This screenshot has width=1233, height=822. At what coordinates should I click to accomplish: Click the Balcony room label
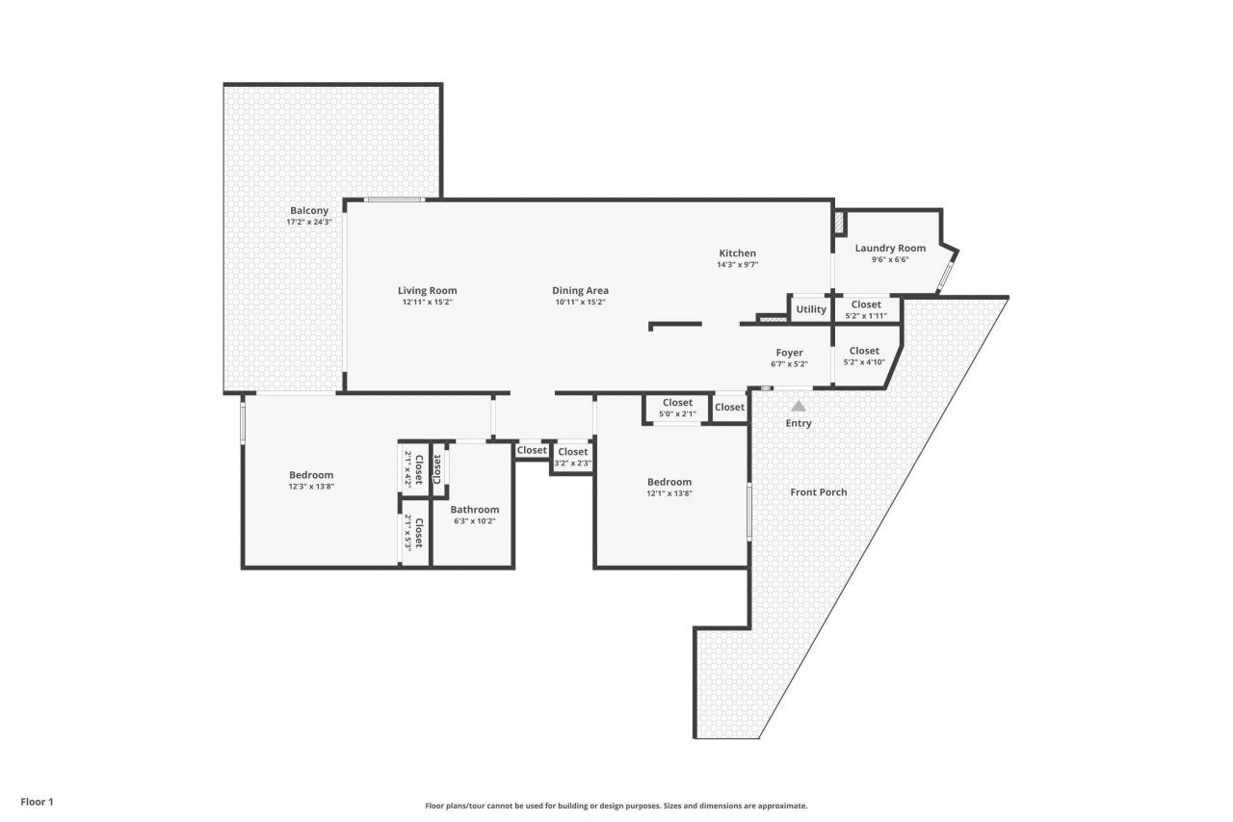click(x=309, y=210)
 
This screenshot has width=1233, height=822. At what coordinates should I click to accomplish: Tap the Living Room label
click(x=427, y=290)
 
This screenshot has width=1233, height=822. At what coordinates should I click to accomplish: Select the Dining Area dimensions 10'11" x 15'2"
click(x=580, y=303)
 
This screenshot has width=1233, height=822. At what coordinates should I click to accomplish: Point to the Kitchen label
click(x=737, y=253)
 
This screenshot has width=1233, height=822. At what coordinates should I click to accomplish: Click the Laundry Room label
click(x=889, y=248)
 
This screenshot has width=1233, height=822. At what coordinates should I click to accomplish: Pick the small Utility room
click(x=810, y=309)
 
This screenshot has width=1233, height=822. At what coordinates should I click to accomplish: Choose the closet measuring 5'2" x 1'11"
click(x=865, y=310)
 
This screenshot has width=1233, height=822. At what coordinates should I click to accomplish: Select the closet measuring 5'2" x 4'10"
click(x=863, y=357)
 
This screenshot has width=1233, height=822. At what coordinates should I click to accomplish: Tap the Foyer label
click(x=789, y=353)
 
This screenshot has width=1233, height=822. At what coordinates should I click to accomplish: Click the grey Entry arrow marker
click(x=798, y=406)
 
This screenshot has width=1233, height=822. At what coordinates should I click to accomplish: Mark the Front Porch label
click(x=818, y=492)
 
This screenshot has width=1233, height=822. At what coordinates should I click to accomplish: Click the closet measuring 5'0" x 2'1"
click(x=677, y=408)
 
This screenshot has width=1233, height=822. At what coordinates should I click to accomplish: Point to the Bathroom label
click(x=474, y=510)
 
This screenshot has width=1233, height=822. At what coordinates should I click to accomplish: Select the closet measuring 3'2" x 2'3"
click(x=572, y=457)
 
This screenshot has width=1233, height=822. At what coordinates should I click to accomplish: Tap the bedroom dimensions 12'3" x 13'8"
click(x=311, y=487)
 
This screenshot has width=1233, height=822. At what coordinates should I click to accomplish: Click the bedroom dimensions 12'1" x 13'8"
click(x=669, y=493)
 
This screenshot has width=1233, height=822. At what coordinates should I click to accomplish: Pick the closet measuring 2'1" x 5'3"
click(x=413, y=533)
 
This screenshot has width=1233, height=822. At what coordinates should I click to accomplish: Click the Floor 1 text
click(x=37, y=801)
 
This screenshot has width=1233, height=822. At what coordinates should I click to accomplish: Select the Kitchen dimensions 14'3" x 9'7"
click(x=737, y=265)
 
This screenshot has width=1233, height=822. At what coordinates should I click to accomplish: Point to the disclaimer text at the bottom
click(x=616, y=806)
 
